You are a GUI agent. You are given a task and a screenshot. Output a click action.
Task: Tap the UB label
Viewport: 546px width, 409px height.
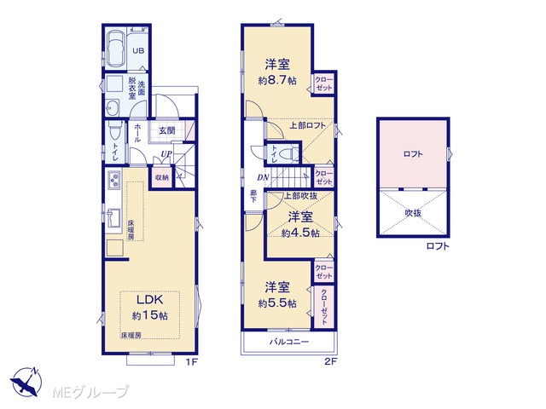[138, 51]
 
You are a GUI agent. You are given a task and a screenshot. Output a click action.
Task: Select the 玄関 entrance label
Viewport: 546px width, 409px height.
[167, 130]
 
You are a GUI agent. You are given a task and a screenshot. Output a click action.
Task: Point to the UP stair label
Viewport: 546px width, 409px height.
[166, 153]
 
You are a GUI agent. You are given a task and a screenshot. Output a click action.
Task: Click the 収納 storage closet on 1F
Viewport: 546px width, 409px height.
[161, 178]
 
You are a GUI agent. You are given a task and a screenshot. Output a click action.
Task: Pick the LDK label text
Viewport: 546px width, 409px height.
[150, 299]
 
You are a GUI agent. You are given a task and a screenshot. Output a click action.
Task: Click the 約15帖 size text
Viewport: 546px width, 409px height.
[150, 316]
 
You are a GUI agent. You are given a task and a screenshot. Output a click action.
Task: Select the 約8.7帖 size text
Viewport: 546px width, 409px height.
[277, 81]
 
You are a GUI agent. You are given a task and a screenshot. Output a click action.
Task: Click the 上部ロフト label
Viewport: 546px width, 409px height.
[307, 125]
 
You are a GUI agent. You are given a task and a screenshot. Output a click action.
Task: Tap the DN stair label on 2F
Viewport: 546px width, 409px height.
[263, 177]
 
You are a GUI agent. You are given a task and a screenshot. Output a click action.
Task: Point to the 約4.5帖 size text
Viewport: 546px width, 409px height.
[300, 233]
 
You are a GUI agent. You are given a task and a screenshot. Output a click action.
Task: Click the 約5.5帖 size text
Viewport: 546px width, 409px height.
[277, 303]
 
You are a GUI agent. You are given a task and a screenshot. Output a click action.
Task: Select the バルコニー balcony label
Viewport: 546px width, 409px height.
[289, 342]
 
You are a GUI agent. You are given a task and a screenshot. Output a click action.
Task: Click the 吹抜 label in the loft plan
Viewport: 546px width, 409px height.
[413, 213]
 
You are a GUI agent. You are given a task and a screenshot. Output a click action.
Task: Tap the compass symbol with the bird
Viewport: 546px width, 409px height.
[26, 382]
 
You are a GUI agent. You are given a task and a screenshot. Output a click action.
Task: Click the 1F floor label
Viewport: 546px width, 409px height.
[191, 362]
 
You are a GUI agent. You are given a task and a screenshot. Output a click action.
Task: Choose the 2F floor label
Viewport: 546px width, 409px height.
[331, 362]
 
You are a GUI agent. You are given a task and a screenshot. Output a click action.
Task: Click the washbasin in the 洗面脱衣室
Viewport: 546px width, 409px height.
[112, 108]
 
